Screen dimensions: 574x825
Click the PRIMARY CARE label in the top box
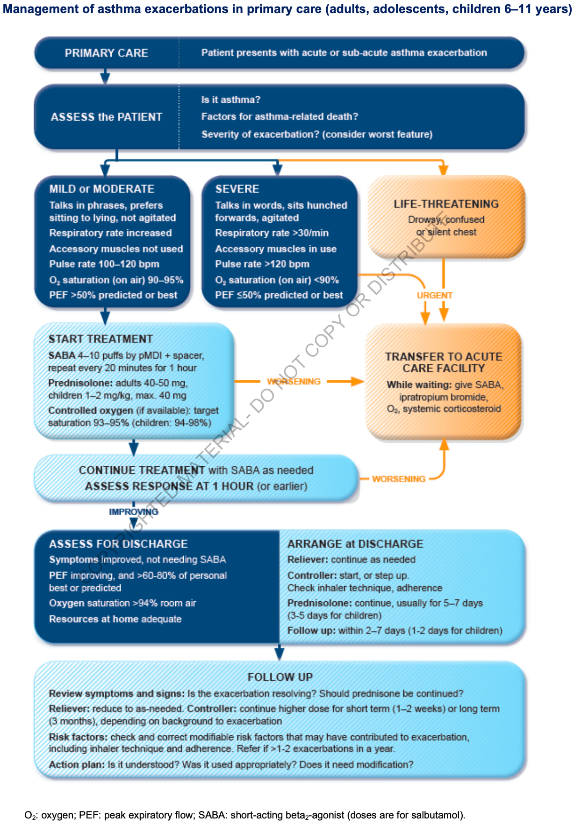point(106,53)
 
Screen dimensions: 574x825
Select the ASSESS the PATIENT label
point(107,117)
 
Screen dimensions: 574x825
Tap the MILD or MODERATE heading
point(102,189)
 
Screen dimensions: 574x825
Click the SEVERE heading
point(237,189)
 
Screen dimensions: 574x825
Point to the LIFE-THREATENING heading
point(446,204)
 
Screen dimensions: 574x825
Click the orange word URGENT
point(435,295)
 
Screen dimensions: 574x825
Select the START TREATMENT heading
point(100,339)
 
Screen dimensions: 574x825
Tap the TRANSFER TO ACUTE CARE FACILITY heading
point(444,363)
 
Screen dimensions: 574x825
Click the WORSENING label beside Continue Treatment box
point(399,479)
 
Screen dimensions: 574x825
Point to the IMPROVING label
point(134,512)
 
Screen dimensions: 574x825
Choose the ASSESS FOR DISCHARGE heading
point(118,544)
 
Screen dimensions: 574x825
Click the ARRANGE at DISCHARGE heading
point(355,544)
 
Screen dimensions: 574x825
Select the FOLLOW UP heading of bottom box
point(280,677)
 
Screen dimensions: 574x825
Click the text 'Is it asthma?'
point(231,100)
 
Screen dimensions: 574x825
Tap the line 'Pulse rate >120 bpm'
point(262,264)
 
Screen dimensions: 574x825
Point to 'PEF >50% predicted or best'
point(113,295)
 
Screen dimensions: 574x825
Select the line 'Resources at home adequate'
point(115,619)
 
